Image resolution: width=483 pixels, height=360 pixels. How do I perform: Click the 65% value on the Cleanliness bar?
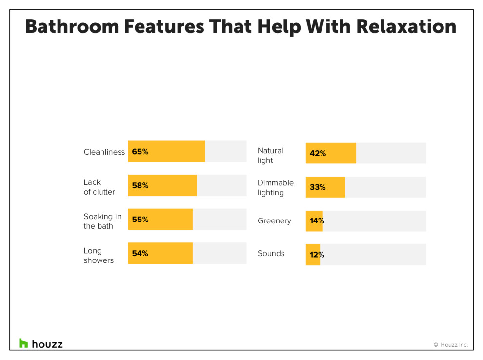pos(140,152)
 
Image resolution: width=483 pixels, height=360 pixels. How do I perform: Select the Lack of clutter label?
pos(100,187)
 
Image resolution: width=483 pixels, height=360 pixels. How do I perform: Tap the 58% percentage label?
pos(140,185)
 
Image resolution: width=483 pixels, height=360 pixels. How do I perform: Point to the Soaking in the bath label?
pos(102,221)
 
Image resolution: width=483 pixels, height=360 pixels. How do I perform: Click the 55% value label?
pos(140,220)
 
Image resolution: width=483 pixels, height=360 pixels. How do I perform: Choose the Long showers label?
pos(99,256)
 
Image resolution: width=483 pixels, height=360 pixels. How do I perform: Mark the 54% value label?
pos(140,254)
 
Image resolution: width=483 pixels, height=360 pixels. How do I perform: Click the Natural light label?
pos(270,156)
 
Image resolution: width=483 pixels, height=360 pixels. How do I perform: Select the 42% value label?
pos(318,153)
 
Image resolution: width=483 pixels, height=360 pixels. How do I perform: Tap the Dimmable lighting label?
pos(276,188)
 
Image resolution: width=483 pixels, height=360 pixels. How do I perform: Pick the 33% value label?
pos(318,187)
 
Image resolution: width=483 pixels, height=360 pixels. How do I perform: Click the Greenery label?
pos(274,221)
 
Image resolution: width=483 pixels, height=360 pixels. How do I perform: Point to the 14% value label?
pos(317,221)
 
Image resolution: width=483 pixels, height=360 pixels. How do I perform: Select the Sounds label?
pos(271,254)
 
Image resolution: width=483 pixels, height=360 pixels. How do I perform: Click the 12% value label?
pos(317,255)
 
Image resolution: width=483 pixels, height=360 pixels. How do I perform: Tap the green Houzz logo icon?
pos(23,343)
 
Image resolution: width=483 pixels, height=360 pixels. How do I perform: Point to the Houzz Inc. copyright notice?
pos(450,345)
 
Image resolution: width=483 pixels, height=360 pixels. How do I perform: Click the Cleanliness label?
pos(104,152)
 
